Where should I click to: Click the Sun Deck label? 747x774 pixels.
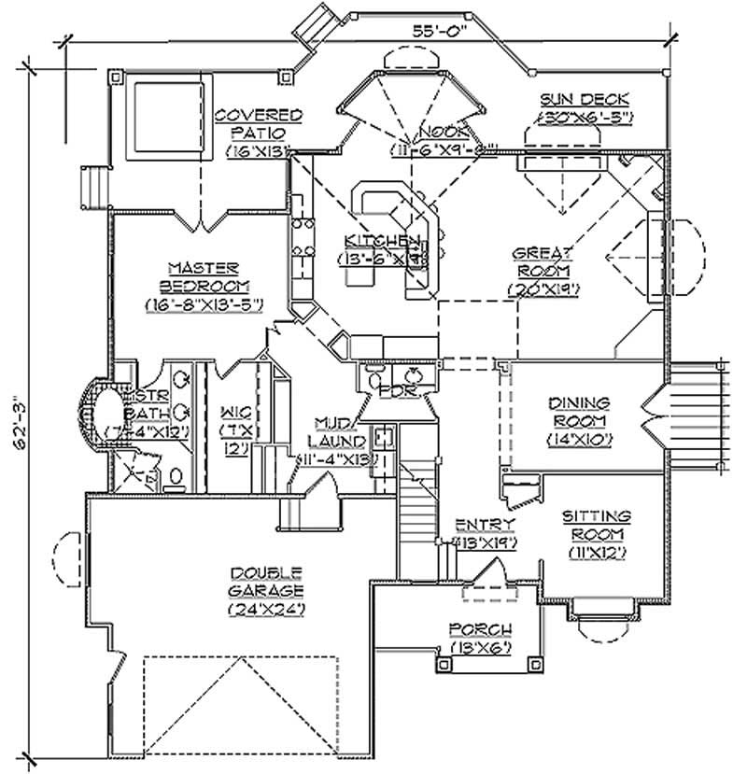tap(585, 99)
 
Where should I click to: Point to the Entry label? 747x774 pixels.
tap(479, 525)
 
